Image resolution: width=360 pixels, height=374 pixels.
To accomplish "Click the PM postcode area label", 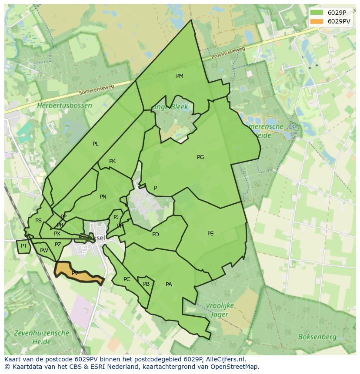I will pyautogui.click(x=180, y=76).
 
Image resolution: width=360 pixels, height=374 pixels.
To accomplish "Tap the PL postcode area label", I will pyautogui.click(x=96, y=144).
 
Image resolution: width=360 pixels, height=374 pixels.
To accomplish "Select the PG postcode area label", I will pyautogui.click(x=200, y=157).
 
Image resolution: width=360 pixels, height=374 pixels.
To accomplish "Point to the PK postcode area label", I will pyautogui.click(x=112, y=161).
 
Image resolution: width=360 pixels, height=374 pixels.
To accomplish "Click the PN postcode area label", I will pyautogui.click(x=103, y=197).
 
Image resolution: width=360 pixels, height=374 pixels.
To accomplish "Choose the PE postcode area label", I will pyautogui.click(x=210, y=234).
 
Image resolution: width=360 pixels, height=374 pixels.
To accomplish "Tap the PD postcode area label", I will pyautogui.click(x=156, y=235).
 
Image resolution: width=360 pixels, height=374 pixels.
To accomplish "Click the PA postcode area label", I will pyautogui.click(x=169, y=285).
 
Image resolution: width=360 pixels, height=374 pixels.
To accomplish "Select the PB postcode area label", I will pyautogui.click(x=146, y=284).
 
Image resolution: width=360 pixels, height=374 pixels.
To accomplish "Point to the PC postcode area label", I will pyautogui.click(x=127, y=279).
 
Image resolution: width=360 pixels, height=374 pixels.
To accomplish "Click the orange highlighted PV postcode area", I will pyautogui.click(x=76, y=272).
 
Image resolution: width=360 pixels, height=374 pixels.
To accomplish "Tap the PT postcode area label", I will pyautogui.click(x=24, y=246).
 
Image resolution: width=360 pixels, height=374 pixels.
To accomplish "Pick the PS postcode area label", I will pyautogui.click(x=38, y=221).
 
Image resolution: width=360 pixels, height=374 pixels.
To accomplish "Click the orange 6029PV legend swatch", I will pyautogui.click(x=317, y=22).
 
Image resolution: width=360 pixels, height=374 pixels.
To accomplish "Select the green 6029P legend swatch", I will pyautogui.click(x=317, y=13).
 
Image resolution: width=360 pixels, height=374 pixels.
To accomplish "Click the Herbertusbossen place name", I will pyautogui.click(x=64, y=106).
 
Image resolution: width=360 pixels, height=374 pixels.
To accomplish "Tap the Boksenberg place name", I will pyautogui.click(x=317, y=337).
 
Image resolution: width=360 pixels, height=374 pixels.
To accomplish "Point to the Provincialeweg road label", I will pyautogui.click(x=229, y=53).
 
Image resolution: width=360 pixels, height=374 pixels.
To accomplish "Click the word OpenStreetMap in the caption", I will pyautogui.click(x=235, y=367).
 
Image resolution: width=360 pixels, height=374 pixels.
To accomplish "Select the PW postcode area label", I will pyautogui.click(x=44, y=251).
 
